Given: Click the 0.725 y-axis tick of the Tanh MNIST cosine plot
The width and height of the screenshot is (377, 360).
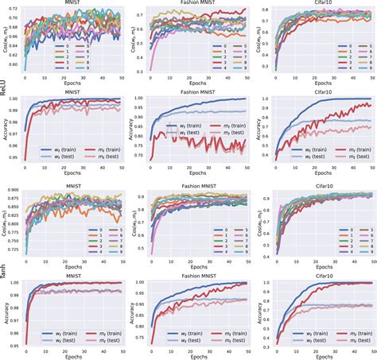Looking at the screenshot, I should (17, 252).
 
